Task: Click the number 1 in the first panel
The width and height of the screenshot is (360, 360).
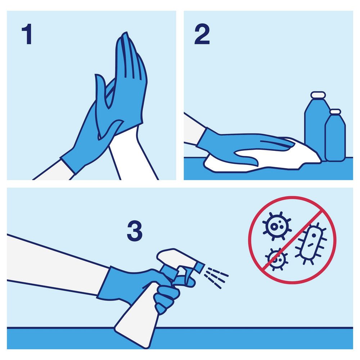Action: (x=27, y=34)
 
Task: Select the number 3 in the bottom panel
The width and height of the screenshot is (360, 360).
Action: (x=135, y=231)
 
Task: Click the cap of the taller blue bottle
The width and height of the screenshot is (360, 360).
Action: (x=318, y=95)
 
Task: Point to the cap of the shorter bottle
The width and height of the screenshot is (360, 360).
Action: (x=336, y=112)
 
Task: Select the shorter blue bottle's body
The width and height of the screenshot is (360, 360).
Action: (x=335, y=138)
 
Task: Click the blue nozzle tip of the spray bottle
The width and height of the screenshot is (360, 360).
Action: (x=199, y=267)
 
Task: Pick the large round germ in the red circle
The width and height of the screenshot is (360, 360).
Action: (x=276, y=226)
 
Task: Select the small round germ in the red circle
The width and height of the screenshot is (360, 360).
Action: (x=276, y=260)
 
